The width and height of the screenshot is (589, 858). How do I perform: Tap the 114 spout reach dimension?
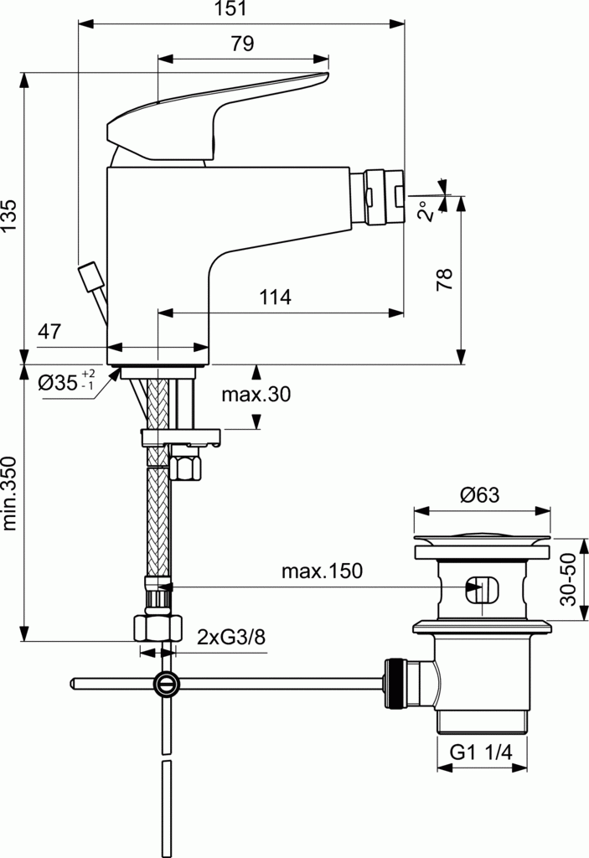click(x=274, y=297)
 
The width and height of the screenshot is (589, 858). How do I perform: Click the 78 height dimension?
click(x=446, y=277)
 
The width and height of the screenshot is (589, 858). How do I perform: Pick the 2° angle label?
click(x=426, y=209)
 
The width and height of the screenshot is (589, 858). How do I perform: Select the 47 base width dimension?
click(x=49, y=331)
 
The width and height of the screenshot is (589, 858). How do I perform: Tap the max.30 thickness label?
click(x=256, y=395)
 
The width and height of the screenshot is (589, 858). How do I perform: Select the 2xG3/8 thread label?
click(x=231, y=638)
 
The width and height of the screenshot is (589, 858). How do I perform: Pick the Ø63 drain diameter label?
click(x=479, y=494)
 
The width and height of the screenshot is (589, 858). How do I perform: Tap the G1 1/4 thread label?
click(x=481, y=753)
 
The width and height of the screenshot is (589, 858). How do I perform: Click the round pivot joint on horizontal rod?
click(x=166, y=684)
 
